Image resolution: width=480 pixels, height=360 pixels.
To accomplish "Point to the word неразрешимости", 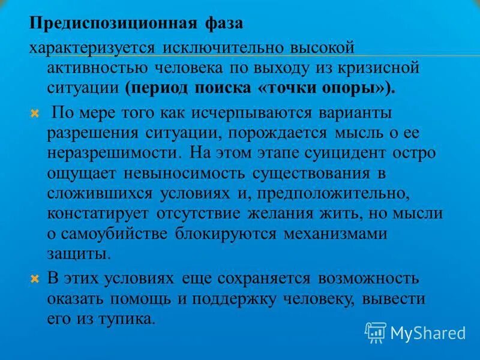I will (114, 152).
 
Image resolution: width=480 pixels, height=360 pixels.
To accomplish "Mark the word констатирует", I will (99, 214).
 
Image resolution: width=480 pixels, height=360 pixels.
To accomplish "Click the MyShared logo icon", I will (376, 332).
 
